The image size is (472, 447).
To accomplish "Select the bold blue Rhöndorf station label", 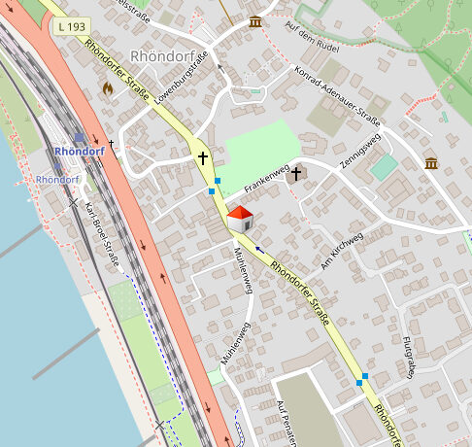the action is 80,152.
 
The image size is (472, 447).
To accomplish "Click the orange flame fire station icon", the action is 107,86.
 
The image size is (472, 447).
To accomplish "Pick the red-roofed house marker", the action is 240,219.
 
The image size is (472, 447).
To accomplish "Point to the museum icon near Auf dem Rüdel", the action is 255,21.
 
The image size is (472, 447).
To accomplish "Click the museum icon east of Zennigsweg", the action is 431,163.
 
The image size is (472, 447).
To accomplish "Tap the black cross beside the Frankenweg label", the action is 296,174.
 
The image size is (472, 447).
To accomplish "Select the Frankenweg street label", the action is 266,179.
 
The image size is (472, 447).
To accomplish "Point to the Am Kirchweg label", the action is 342,251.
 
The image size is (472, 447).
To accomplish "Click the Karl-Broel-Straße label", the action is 101,235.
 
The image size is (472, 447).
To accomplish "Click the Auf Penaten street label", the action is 286,422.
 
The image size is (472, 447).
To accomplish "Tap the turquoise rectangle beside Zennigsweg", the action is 384,166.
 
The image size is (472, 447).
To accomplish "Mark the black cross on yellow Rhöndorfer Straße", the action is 203,157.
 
